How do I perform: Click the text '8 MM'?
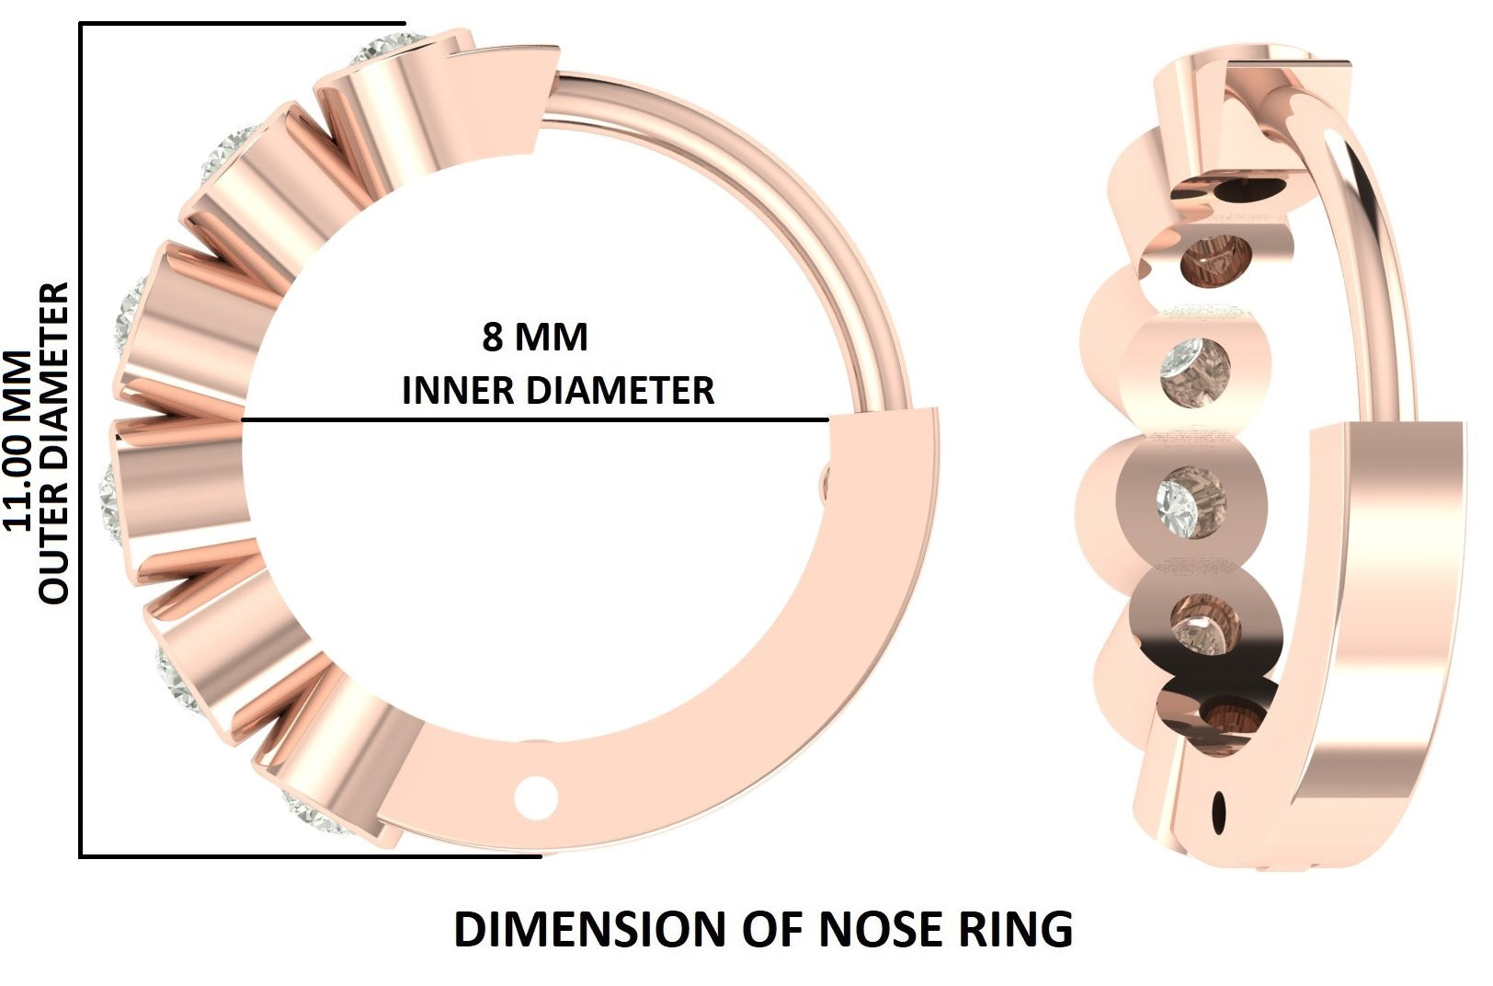(534, 338)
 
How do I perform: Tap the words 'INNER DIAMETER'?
(558, 390)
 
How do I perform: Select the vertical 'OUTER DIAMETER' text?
(54, 442)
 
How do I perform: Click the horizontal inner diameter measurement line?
(533, 420)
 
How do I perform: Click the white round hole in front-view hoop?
(536, 797)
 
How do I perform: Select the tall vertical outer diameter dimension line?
(82, 441)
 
